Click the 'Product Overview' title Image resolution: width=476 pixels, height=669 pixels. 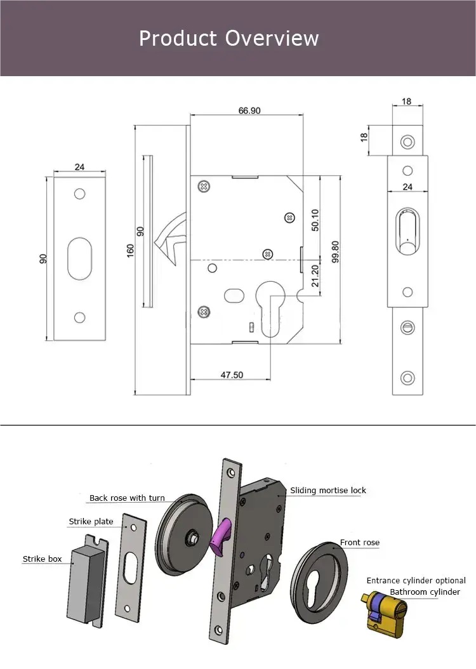point(228,38)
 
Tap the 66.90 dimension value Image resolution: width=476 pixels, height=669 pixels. point(249,110)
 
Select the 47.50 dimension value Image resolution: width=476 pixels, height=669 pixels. point(232,375)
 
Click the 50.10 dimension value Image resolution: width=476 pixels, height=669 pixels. point(315,220)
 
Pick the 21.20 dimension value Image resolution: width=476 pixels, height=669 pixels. point(315,274)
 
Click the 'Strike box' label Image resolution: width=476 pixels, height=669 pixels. point(43,559)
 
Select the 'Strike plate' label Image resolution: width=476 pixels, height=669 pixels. point(91,522)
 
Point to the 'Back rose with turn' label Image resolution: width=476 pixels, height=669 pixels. point(127,498)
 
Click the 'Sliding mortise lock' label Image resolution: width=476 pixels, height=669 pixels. point(328,491)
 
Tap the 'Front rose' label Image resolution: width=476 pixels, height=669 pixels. point(359,543)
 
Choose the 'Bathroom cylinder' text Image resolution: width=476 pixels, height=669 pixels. point(425,592)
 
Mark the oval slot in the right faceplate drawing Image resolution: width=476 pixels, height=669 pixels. point(408,232)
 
